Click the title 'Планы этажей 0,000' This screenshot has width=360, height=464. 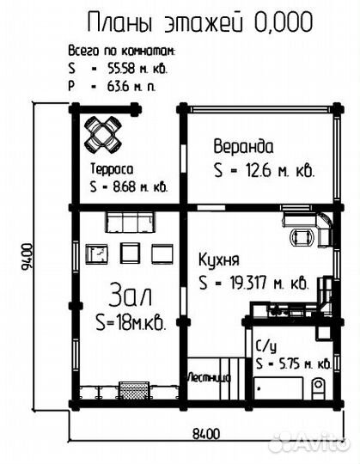point(200,22)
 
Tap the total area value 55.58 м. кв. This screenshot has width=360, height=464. point(137,69)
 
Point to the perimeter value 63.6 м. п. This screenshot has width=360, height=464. point(131,87)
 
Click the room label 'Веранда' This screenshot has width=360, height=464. point(243,147)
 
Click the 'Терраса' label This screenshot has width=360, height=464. point(112,169)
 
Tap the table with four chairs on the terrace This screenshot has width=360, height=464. point(103,134)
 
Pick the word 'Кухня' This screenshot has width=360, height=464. point(219,259)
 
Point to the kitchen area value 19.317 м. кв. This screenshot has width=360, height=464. point(269,283)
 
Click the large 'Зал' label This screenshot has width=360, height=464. point(131,294)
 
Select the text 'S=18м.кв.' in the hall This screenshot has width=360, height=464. point(131,322)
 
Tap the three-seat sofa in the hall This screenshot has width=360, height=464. point(130,222)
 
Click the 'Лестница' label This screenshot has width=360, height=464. point(209,377)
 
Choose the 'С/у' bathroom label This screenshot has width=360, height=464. point(266,345)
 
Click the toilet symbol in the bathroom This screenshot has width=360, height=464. point(318,388)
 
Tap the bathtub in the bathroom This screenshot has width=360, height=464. point(279,388)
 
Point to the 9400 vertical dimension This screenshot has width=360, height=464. point(27,257)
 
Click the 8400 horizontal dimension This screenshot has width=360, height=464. point(206,435)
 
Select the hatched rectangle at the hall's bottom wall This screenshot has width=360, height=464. point(134,390)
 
